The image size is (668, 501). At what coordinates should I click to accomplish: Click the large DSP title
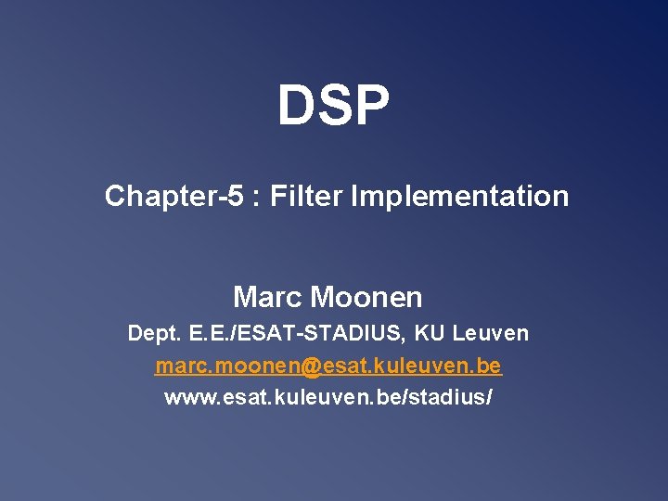[334, 105]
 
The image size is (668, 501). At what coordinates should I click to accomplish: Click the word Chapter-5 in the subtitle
[173, 197]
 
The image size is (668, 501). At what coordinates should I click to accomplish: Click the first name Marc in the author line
[267, 298]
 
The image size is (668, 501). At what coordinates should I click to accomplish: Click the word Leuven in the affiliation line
[491, 333]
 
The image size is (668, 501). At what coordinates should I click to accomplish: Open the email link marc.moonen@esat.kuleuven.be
[328, 366]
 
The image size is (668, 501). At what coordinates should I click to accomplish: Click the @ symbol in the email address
[311, 366]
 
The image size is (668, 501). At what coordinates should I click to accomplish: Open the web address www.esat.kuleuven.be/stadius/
[328, 398]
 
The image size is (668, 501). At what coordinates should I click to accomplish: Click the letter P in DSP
[371, 105]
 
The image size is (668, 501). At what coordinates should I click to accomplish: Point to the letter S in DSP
[334, 105]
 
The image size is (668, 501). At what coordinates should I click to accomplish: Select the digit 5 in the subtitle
[237, 197]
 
